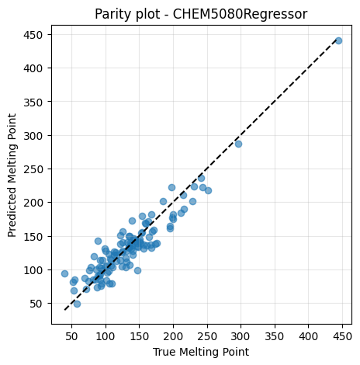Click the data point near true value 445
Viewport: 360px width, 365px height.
[x=338, y=40]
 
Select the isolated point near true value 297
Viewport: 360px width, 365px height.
[x=238, y=144]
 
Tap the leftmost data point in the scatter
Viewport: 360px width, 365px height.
[x=64, y=273]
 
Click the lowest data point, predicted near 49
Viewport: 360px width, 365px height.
[x=77, y=304]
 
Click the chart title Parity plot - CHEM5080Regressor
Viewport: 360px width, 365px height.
[x=201, y=14]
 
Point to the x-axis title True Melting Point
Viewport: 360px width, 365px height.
[x=201, y=352]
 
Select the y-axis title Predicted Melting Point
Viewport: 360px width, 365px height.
[x=12, y=176]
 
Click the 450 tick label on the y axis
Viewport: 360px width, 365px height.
[x=33, y=35]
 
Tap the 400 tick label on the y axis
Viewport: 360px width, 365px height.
[x=33, y=68]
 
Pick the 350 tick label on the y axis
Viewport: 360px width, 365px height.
[x=33, y=102]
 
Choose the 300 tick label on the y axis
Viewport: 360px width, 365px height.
[x=33, y=136]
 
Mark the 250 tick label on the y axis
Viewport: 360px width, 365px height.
[x=33, y=169]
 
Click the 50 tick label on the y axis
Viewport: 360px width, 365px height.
[x=36, y=304]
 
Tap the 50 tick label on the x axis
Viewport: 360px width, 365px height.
[x=71, y=336]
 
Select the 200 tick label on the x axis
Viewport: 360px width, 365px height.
[x=173, y=336]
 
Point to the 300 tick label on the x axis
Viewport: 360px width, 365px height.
[x=241, y=336]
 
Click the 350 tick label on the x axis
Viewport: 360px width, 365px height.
[x=275, y=336]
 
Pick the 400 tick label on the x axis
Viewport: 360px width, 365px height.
[x=308, y=336]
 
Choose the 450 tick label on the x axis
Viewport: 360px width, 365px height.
[x=342, y=336]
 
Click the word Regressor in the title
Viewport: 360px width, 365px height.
[x=275, y=15]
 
